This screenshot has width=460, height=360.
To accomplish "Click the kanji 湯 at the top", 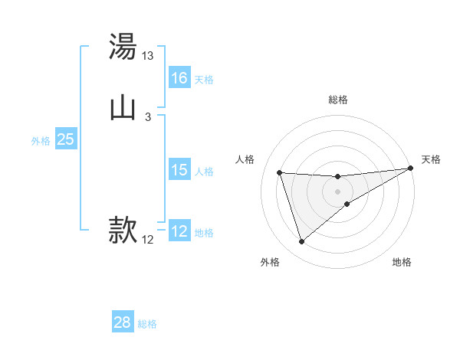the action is tap(123, 48).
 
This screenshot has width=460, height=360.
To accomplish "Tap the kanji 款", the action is tap(123, 230).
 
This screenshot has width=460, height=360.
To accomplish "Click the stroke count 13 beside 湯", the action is tap(148, 56).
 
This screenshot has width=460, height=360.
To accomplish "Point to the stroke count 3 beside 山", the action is tap(148, 116).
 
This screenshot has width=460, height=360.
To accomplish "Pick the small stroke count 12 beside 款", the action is tap(148, 240).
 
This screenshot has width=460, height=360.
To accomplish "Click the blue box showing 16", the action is tap(179, 78).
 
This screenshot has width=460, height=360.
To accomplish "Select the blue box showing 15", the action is tap(179, 170).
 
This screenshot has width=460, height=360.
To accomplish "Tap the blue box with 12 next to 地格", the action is tap(179, 231).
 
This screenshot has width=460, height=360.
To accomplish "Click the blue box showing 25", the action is tap(66, 139).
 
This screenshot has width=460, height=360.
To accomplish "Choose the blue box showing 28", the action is tap(123, 322).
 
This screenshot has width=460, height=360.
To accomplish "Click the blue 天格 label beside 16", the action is tap(204, 80).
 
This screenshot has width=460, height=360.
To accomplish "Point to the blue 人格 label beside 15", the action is tap(204, 172).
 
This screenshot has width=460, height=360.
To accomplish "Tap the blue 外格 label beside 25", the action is tap(41, 141).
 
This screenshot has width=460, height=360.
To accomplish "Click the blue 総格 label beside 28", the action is tap(147, 324).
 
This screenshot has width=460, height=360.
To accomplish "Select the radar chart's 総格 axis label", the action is tap(338, 100).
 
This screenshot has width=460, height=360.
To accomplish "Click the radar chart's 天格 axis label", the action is tap(431, 159).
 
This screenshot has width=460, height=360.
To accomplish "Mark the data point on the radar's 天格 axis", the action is tap(410, 169).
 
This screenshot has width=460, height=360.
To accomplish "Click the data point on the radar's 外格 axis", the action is tap(301, 242).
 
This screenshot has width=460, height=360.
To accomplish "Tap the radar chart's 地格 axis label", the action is tap(402, 262).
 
